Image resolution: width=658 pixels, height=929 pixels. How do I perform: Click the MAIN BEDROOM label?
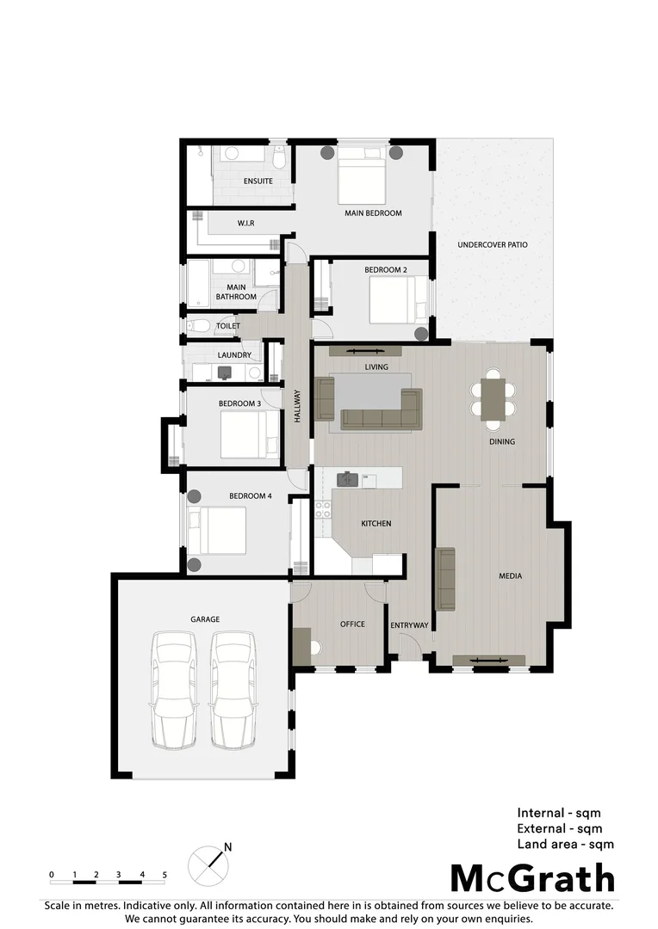click(373, 213)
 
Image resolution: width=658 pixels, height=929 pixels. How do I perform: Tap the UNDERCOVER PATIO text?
click(492, 245)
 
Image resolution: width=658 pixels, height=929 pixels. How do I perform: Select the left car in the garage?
click(173, 689)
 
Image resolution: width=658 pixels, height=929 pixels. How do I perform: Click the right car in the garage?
click(232, 689)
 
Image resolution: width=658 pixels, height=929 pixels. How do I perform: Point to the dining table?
click(493, 399)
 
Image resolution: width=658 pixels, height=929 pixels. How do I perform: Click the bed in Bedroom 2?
click(393, 299)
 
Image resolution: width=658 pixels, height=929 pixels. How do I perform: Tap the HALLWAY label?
click(298, 406)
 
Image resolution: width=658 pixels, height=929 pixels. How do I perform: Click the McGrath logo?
click(533, 879)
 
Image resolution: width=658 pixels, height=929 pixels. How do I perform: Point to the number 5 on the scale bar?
click(164, 875)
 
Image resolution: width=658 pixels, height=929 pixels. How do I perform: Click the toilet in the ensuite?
click(279, 160)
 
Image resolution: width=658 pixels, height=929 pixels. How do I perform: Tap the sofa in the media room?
click(445, 578)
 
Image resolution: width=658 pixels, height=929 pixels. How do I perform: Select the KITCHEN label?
click(376, 523)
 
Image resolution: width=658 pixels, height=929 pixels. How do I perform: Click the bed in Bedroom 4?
click(218, 531)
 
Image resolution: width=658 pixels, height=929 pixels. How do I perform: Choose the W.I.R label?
click(245, 224)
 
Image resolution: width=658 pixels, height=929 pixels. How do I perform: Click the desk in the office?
click(302, 646)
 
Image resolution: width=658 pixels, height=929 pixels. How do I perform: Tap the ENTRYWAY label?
click(409, 625)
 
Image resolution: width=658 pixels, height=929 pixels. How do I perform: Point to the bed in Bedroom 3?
click(250, 434)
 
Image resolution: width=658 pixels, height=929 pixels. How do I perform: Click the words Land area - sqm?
click(565, 845)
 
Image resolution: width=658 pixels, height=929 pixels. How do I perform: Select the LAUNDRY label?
click(234, 355)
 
